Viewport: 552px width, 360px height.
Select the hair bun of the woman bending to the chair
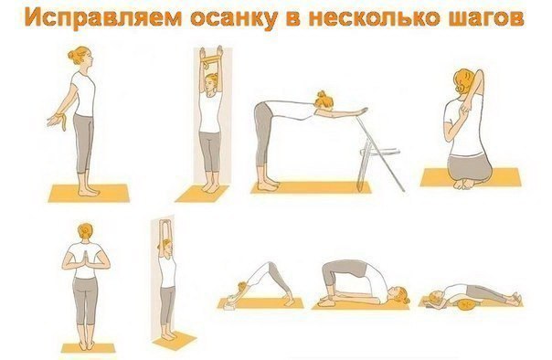coord(322,94)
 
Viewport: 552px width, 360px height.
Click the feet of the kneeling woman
coord(465,184)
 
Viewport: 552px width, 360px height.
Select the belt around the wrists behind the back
coord(63,121)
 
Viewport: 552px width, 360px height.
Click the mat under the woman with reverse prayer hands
coord(89,348)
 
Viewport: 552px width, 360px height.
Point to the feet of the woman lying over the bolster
coord(515,300)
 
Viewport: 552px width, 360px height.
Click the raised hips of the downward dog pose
coord(270,266)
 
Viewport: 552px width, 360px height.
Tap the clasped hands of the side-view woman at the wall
coord(165,224)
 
